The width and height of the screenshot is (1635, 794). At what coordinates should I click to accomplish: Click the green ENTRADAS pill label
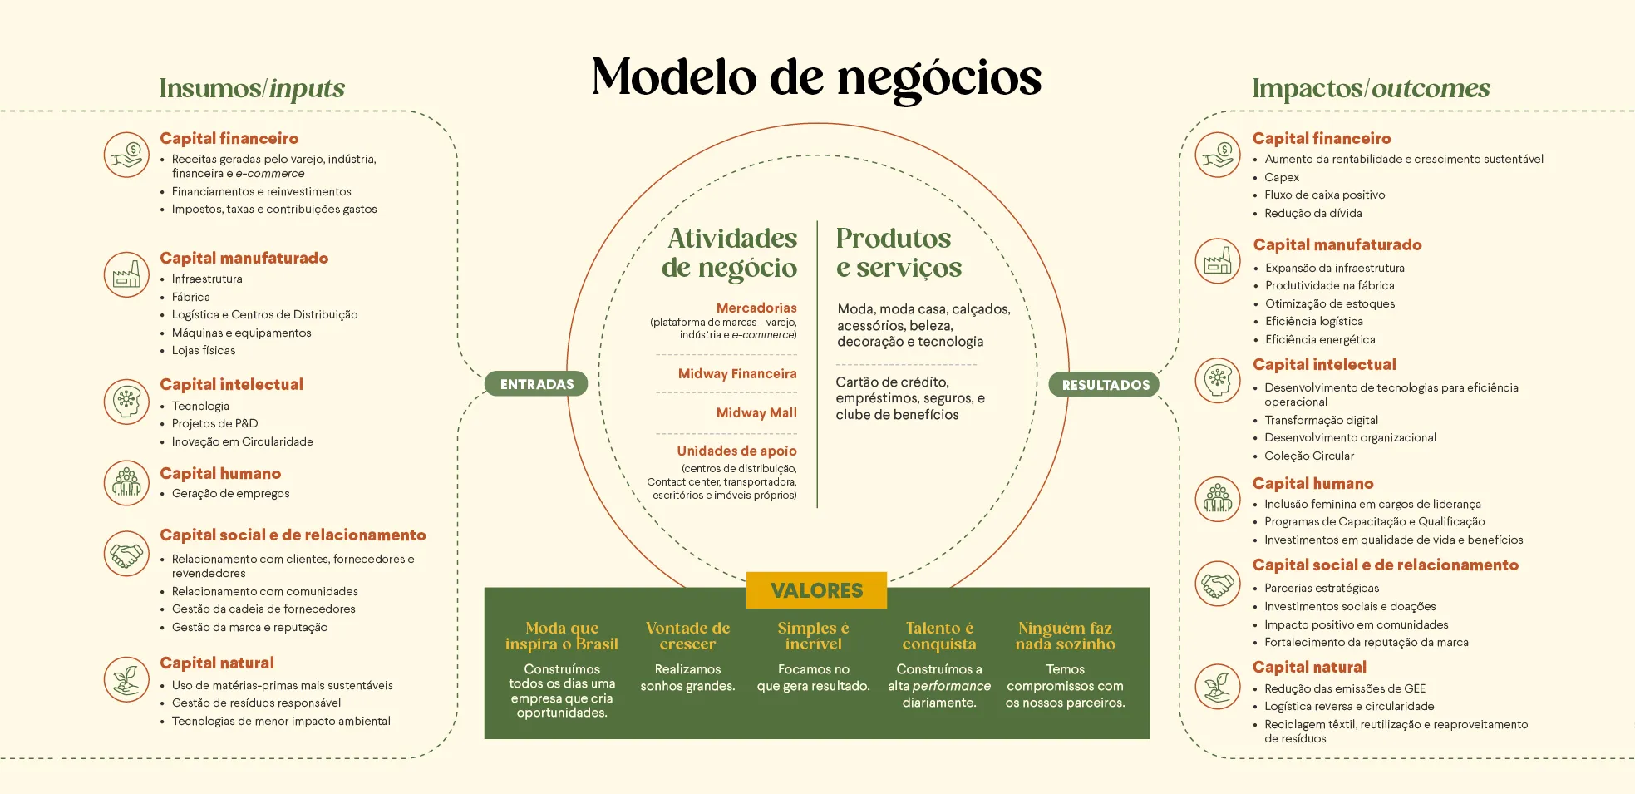coord(536,384)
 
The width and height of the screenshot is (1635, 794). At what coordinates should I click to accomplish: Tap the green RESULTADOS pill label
coord(1105,385)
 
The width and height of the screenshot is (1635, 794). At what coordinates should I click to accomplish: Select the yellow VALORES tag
coord(816,590)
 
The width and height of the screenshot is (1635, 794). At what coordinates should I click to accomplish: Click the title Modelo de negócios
coord(816,77)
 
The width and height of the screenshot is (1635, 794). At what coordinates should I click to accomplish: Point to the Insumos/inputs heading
coord(252,88)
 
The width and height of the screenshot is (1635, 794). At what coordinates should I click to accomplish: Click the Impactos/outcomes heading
coord(1371,88)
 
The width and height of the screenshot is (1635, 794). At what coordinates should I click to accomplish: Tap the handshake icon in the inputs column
coord(126,554)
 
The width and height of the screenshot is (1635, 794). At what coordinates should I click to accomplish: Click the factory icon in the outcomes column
coord(1218,260)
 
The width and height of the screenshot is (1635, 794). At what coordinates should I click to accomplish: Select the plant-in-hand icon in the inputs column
coord(126,679)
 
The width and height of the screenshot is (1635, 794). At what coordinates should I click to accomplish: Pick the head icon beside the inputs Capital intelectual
coord(126,402)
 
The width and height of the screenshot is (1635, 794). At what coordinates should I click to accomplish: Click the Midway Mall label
coord(756,412)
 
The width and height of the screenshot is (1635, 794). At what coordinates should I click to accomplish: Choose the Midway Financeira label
coord(737,374)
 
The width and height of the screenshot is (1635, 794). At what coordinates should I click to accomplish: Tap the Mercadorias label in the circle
coord(756,308)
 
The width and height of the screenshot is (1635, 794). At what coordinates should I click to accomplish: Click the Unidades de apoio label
coord(736,451)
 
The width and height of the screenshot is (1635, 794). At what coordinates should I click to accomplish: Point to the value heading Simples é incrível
coord(813,636)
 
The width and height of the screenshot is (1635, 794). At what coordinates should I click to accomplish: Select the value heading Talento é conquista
coord(939,636)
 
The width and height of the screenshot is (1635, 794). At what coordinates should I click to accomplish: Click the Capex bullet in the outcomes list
coord(1282,177)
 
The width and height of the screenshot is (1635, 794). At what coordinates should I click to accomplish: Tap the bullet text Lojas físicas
coord(204,351)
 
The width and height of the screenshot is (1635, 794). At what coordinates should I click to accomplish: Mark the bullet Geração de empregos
coord(231,494)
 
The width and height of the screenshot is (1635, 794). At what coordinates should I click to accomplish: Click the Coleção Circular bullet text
coord(1309,456)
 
